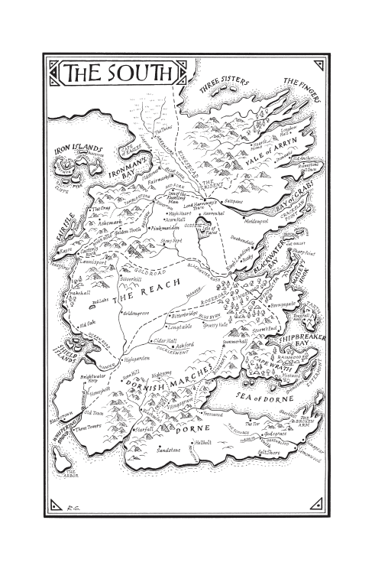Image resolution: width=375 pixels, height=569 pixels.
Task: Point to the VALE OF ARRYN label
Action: [263, 161]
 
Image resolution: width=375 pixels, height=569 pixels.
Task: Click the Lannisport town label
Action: [95, 261]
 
